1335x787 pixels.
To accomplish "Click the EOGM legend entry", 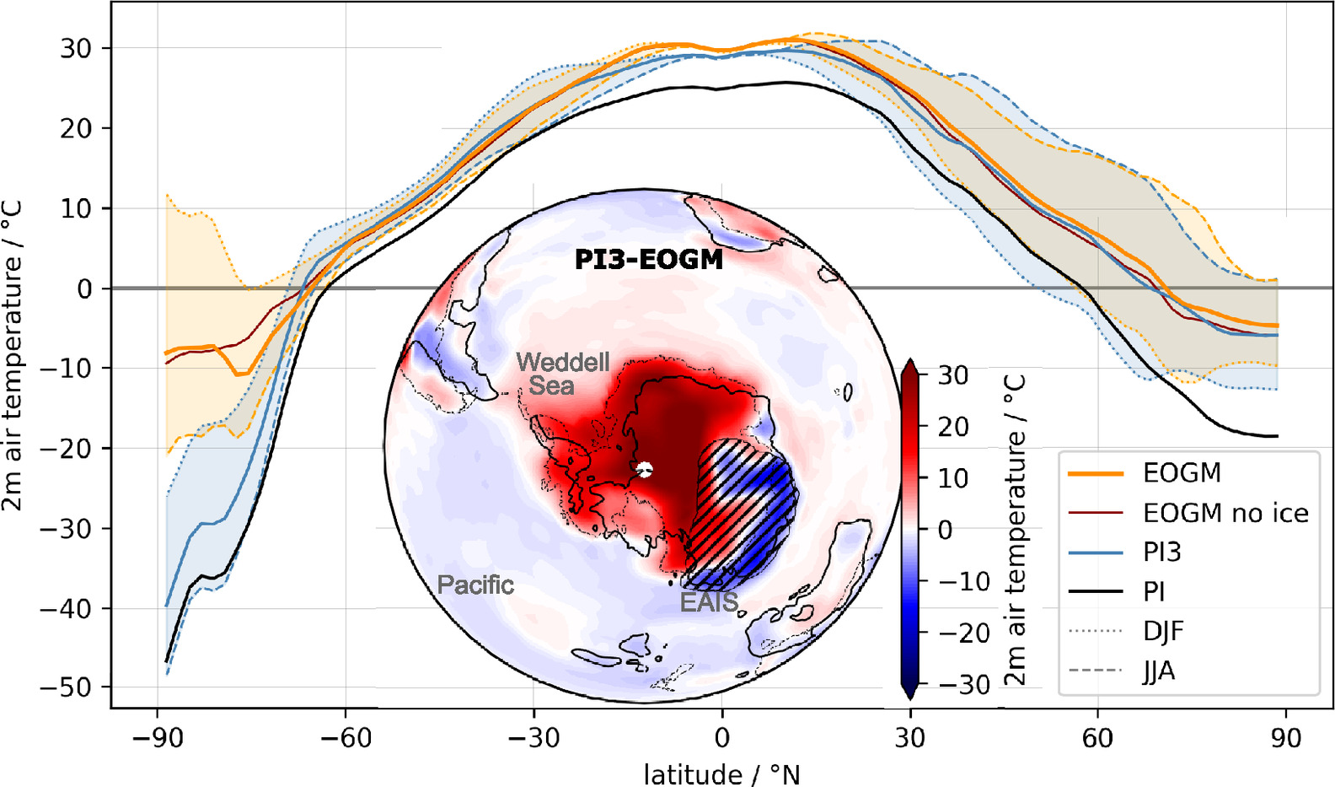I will tap(1182, 473).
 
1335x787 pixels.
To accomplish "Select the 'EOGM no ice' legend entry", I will tap(1225, 513).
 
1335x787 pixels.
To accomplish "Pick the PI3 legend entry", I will tap(1161, 553).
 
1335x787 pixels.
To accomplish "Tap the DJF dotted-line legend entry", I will tap(1163, 631).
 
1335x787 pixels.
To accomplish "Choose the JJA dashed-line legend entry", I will tap(1159, 671).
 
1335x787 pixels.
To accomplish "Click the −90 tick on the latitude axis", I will tap(158, 738).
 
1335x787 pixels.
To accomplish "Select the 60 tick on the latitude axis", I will tap(1097, 738).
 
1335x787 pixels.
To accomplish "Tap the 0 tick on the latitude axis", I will tap(721, 738).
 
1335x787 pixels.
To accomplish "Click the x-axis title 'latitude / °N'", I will tap(721, 774).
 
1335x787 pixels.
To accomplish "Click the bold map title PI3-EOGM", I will tap(648, 259).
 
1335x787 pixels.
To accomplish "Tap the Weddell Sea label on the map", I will tap(562, 374).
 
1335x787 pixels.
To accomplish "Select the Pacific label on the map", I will tap(475, 585).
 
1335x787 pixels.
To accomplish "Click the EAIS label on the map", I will tap(709, 601).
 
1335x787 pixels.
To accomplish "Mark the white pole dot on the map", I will tap(645, 470).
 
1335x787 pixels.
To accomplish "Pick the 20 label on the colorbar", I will tap(953, 427).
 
